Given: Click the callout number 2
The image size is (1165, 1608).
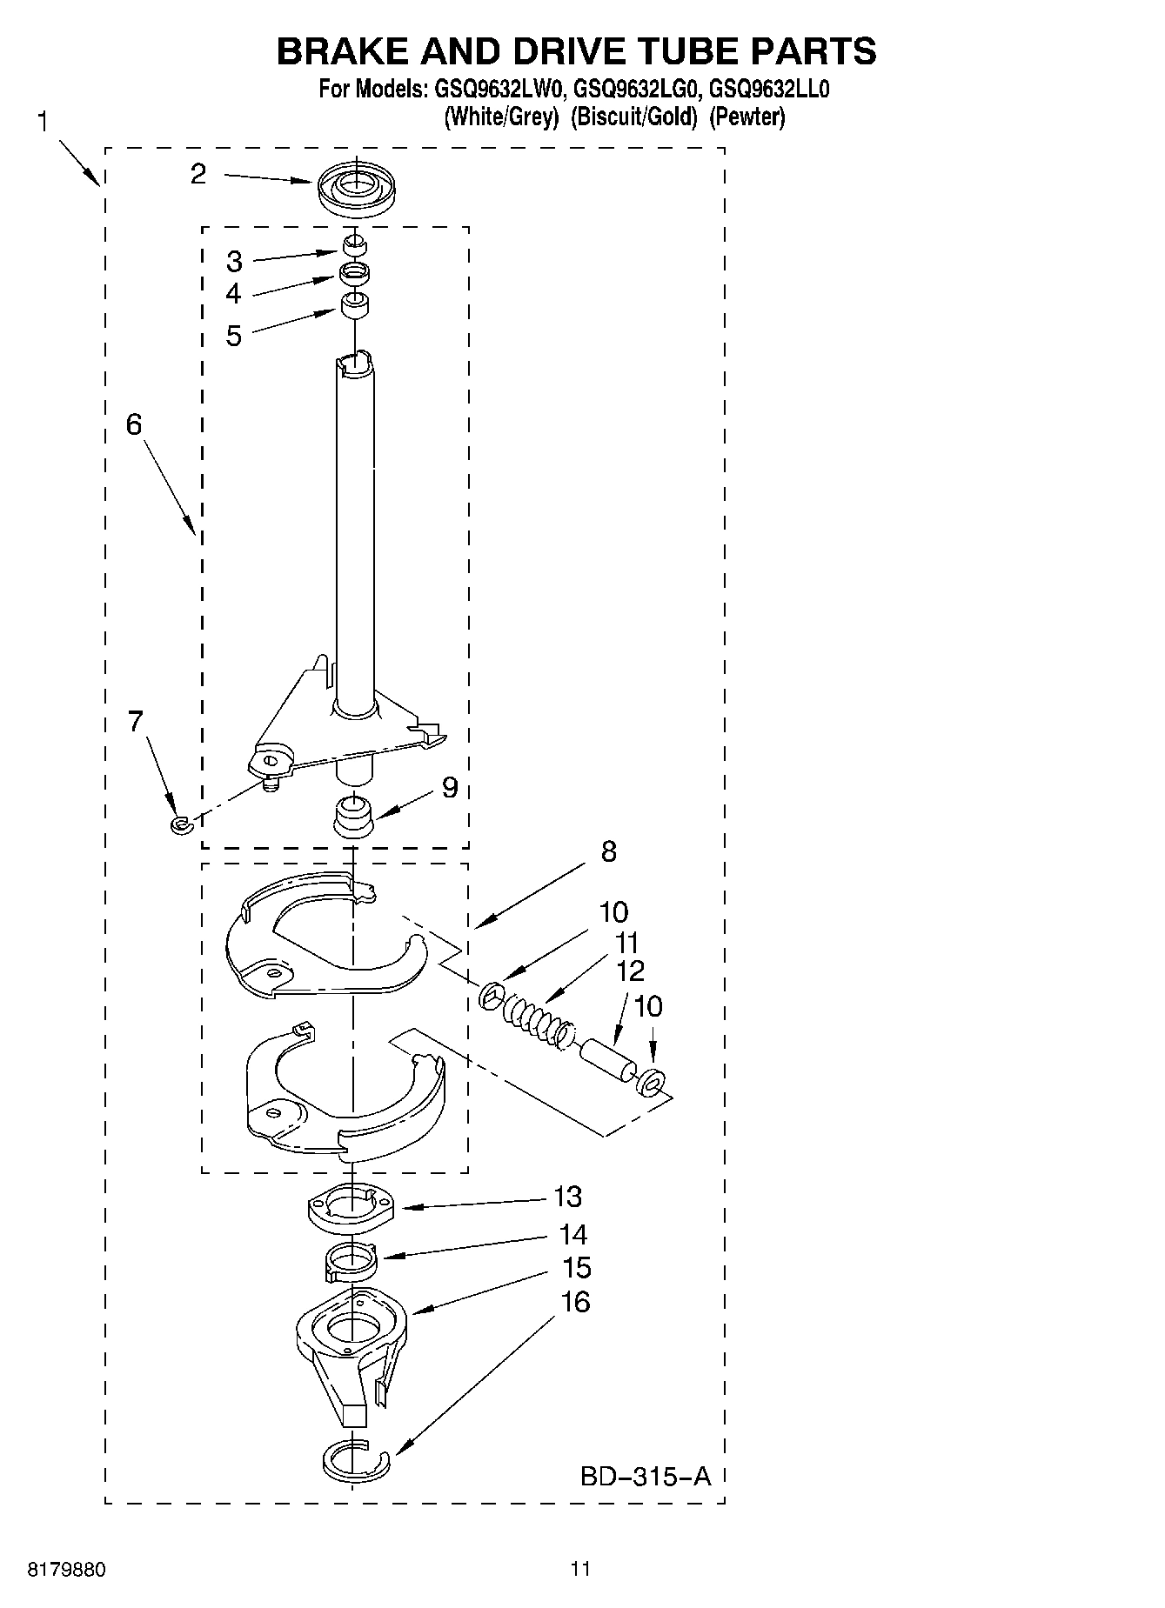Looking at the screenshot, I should click(198, 175).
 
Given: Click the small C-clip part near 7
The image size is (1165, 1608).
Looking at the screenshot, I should click(180, 824).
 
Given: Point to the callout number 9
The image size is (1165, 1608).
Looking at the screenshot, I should click(449, 788).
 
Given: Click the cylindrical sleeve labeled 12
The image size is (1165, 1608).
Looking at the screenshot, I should click(606, 1062).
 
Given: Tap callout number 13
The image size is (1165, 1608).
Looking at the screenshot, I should click(567, 1197).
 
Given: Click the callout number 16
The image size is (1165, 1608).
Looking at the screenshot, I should click(575, 1302).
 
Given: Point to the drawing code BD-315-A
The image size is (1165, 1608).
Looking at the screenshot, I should click(646, 1476).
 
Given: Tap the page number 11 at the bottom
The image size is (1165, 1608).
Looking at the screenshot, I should click(580, 1569).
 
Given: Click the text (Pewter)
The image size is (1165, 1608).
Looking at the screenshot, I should click(747, 117).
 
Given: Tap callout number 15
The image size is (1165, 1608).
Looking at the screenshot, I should click(576, 1268).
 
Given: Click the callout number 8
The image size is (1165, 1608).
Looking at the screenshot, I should click(608, 851).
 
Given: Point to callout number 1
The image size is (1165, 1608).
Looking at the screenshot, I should click(43, 122).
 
